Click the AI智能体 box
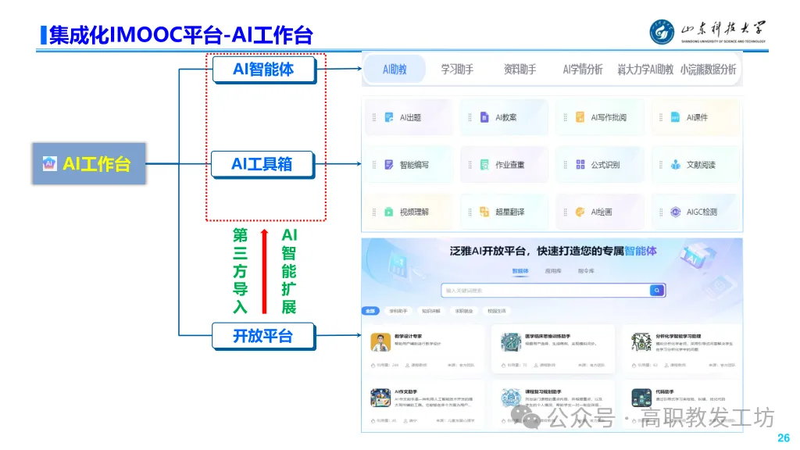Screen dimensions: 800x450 [x=263, y=70]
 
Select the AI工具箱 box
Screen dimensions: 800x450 [x=262, y=164]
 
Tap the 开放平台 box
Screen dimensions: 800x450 [x=262, y=336]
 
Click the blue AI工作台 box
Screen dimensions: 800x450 [x=89, y=164]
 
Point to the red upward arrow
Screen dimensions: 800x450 [x=265, y=270]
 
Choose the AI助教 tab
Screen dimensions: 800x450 [x=395, y=70]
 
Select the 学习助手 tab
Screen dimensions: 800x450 [x=457, y=70]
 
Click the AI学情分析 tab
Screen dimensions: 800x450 [x=582, y=70]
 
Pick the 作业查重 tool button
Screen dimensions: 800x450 [x=505, y=165]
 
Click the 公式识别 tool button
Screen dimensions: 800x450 [x=600, y=165]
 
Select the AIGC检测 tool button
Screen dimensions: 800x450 [x=695, y=212]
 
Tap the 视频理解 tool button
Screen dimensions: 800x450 [x=409, y=212]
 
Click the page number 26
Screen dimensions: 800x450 [x=784, y=437]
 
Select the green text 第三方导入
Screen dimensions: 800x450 [x=240, y=270]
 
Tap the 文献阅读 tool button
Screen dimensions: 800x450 [x=695, y=165]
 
